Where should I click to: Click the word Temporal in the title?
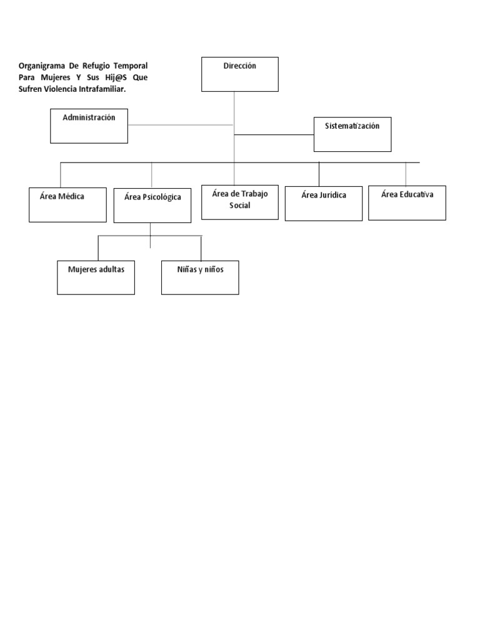[x=131, y=66]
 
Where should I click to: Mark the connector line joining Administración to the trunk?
[x=181, y=125]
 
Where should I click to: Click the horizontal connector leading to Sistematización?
[x=274, y=135]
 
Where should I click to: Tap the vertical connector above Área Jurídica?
[x=319, y=174]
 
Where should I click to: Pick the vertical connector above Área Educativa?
[x=406, y=174]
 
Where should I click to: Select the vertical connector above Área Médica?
[x=61, y=175]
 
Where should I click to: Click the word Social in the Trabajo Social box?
[x=239, y=205]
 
